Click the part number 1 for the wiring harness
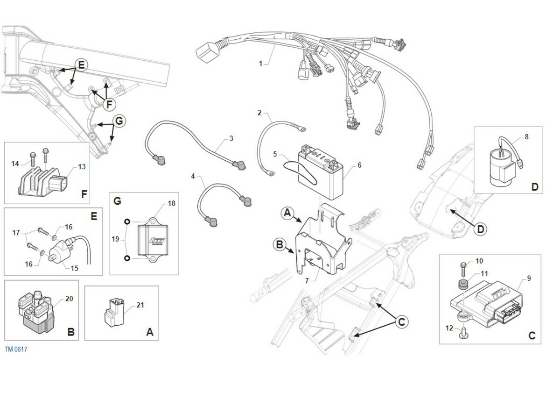pyautogui.click(x=261, y=64)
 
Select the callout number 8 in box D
pyautogui.click(x=526, y=137)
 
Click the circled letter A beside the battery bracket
pyautogui.click(x=287, y=213)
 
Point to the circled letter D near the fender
pyautogui.click(x=481, y=229)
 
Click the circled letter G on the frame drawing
pyautogui.click(x=119, y=121)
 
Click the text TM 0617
pyautogui.click(x=16, y=349)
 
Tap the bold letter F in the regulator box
pyautogui.click(x=84, y=194)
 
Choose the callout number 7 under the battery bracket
pyautogui.click(x=307, y=281)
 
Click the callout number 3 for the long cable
pyautogui.click(x=231, y=139)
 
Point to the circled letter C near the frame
pyautogui.click(x=401, y=321)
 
